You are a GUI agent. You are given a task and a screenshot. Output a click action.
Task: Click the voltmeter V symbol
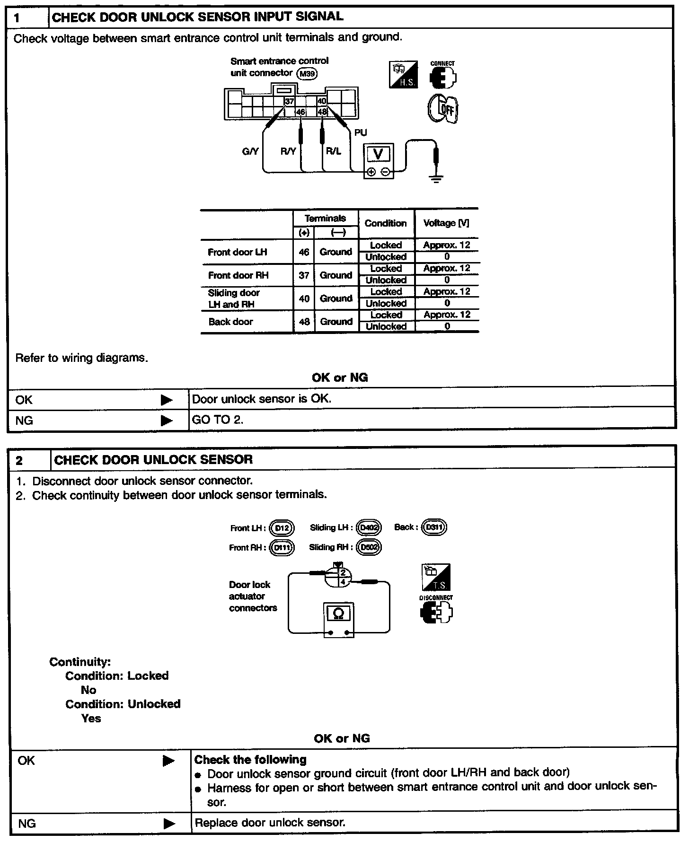point(379,154)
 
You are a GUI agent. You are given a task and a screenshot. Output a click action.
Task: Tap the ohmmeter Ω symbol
point(339,614)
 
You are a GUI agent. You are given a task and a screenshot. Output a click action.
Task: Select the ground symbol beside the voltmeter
point(436,179)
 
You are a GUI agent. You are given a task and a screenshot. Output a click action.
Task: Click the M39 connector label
point(307,74)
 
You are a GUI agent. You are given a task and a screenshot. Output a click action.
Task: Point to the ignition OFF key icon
point(443,109)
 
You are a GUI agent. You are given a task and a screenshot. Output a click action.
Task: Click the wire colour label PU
point(361,133)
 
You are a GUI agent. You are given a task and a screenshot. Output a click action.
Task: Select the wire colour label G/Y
point(250,151)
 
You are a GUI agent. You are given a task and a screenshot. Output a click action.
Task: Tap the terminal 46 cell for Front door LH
point(304,252)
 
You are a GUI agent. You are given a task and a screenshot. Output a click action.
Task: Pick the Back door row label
point(230,322)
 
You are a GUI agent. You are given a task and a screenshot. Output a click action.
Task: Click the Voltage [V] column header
point(446,223)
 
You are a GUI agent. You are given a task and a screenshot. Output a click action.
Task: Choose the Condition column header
point(386,223)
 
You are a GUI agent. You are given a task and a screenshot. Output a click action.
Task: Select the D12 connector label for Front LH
point(282,528)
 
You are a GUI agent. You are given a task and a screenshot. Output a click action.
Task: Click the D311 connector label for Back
point(434,527)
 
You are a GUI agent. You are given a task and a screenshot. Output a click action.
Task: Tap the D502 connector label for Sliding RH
point(369,547)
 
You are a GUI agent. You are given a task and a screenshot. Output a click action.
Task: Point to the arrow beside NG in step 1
point(167,420)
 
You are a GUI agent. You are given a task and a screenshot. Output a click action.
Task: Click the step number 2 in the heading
point(19,461)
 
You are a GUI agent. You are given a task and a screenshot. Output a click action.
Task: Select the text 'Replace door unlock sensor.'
point(270,823)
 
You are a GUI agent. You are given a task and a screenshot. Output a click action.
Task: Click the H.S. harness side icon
point(403,74)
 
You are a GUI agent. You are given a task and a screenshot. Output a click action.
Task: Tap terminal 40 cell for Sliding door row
point(304,298)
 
